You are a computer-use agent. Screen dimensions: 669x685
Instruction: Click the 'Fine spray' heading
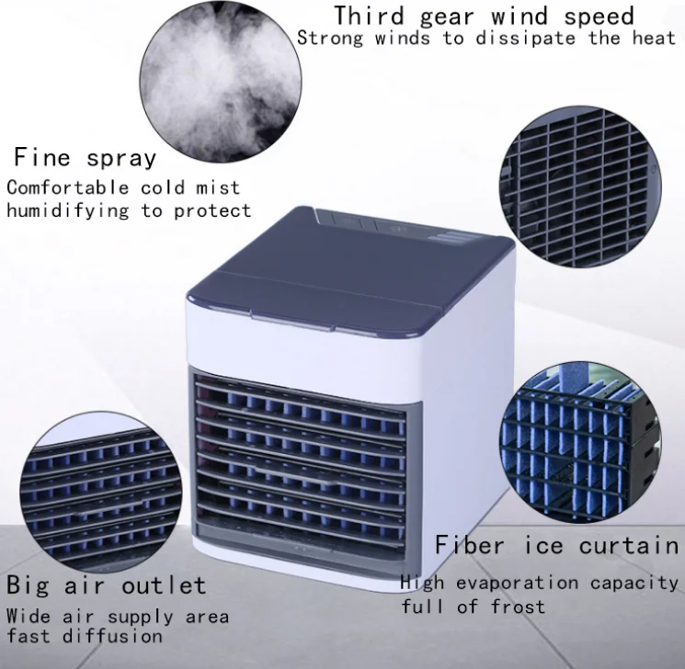coord(85,157)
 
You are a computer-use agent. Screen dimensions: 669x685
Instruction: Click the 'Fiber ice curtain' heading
coord(556,545)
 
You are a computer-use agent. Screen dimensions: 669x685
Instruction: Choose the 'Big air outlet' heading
coord(107,584)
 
